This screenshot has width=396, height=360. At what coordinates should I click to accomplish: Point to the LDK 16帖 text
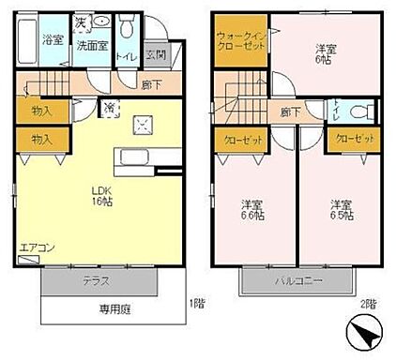96,194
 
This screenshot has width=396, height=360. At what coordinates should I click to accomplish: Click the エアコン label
36,247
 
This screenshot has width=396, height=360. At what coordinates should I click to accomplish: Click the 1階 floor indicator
195,303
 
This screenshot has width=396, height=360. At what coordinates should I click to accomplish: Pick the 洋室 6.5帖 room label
340,209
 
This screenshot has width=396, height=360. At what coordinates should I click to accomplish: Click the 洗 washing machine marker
80,21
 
